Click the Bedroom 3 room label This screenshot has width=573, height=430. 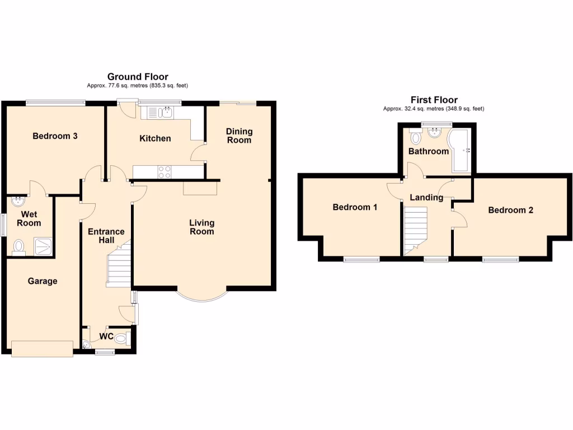coord(55,136)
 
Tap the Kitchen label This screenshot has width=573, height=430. coord(155,138)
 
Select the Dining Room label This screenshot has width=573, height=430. coord(239,135)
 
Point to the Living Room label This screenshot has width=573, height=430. coord(202,227)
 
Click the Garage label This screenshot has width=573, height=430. coord(43,281)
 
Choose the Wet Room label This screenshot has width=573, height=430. coord(29,218)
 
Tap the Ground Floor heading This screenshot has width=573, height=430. coord(138,77)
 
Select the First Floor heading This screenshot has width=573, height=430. coord(434,100)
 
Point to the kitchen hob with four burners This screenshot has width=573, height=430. coord(165,172)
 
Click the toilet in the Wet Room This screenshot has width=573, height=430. coord(19,246)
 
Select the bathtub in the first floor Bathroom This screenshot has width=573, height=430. coord(462,151)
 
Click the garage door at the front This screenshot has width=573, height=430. coord(42,348)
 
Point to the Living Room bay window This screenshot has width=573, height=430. coord(202,297)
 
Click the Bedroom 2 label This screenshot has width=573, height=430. coord(510,210)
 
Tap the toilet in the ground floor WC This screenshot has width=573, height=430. coord(123,338)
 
